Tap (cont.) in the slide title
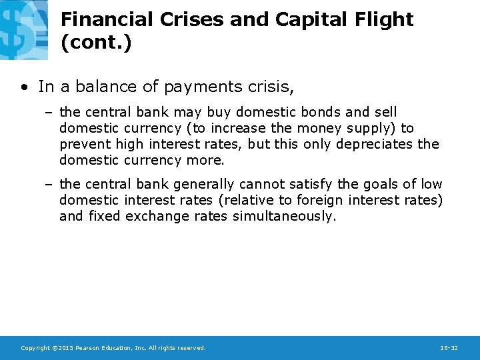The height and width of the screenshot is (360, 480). click(95, 43)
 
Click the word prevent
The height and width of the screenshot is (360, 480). click(85, 144)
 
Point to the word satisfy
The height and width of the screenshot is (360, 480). click(312, 184)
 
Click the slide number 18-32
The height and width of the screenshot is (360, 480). click(449, 348)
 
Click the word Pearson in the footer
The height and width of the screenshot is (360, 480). click(88, 348)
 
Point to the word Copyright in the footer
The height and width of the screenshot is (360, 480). click(36, 348)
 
